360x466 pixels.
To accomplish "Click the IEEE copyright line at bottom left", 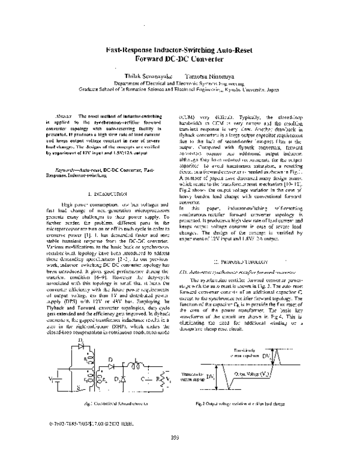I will tap(83, 431).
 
